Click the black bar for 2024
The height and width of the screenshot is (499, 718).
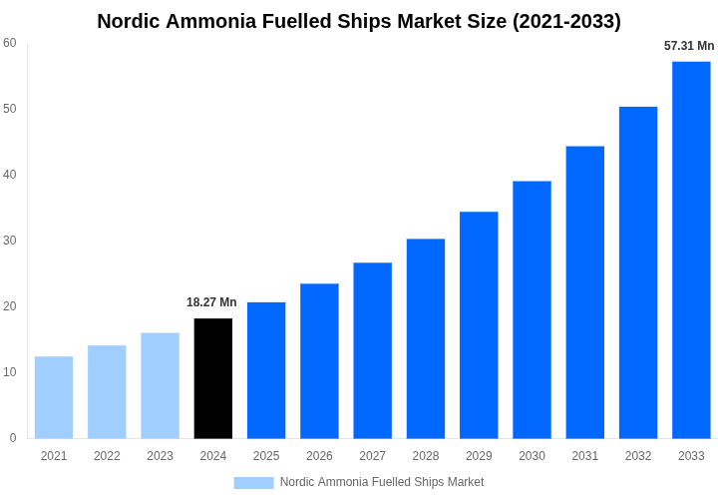click(x=213, y=378)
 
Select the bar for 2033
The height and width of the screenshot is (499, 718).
click(x=691, y=249)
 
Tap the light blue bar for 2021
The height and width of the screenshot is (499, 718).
click(x=54, y=397)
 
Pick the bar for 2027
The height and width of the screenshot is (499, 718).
click(x=373, y=350)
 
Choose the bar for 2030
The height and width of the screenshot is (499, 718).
click(x=532, y=309)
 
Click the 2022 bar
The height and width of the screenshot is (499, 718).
click(x=107, y=392)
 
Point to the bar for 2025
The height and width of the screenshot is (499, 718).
click(x=266, y=370)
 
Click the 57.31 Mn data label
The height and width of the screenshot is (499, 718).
click(x=689, y=46)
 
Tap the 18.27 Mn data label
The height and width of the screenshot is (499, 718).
click(x=211, y=302)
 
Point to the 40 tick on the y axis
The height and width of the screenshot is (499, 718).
click(x=10, y=175)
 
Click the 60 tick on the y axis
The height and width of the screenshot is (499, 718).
click(x=10, y=43)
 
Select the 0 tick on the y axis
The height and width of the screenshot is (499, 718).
click(x=13, y=438)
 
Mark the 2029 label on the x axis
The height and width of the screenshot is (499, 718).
click(x=479, y=456)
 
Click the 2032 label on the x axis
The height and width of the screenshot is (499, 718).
click(x=638, y=456)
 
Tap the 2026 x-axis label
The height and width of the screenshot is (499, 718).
click(x=319, y=456)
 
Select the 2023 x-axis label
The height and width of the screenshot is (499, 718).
click(x=160, y=456)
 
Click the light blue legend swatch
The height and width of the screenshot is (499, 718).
click(x=253, y=483)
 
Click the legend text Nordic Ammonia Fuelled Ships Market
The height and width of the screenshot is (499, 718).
click(x=382, y=482)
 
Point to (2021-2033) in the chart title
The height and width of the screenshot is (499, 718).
click(x=566, y=21)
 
